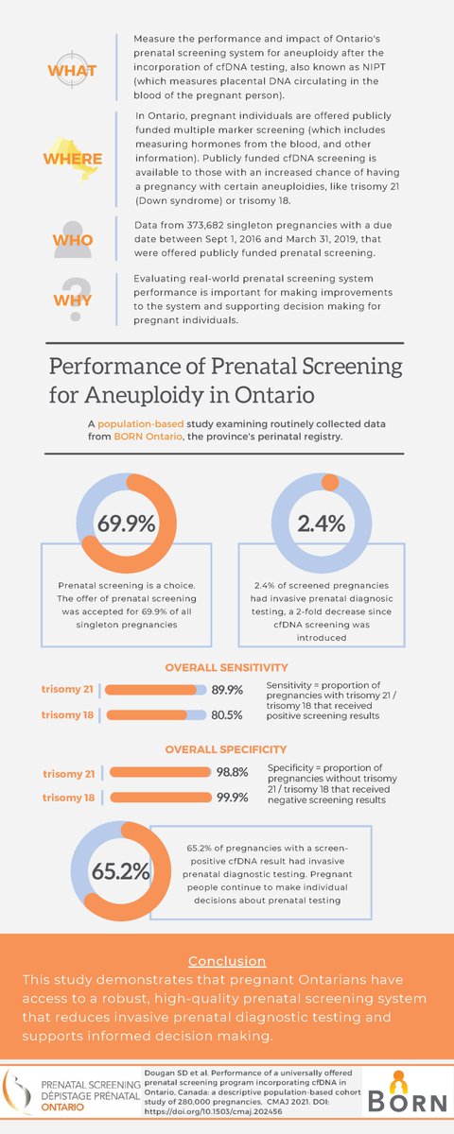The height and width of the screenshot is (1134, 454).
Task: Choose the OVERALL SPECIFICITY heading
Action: click(226, 749)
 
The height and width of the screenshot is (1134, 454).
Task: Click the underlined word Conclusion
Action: click(226, 960)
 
